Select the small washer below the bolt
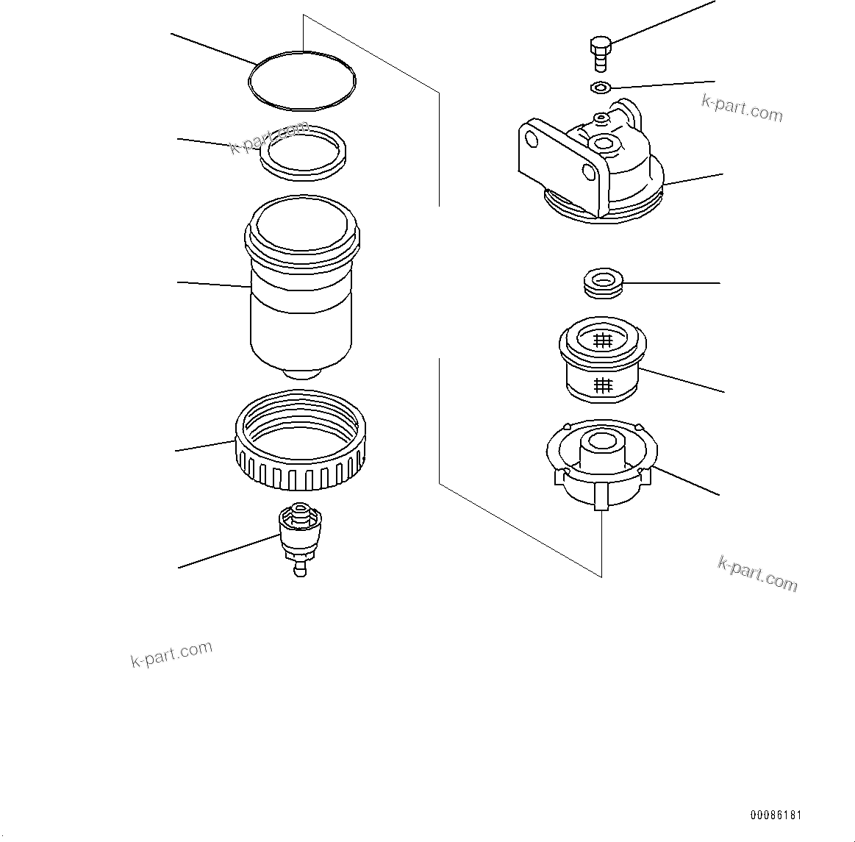click(599, 88)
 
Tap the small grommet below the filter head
click(603, 283)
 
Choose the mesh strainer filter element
click(603, 364)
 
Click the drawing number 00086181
click(776, 816)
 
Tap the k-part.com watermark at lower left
click(171, 654)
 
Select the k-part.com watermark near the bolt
click(742, 108)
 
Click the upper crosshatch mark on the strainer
click(603, 340)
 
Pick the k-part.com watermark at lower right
click(757, 574)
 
